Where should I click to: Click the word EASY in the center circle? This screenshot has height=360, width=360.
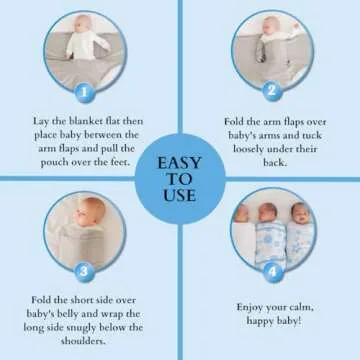pos(180,161)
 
